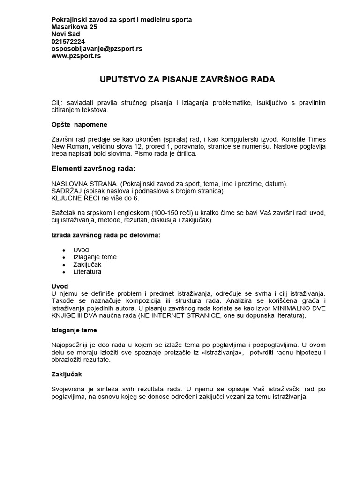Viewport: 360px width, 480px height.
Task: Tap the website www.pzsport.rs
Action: click(76, 56)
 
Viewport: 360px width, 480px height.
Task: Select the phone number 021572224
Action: click(68, 41)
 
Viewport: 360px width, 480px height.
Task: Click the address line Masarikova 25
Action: click(74, 27)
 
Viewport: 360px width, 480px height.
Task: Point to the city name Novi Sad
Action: click(66, 34)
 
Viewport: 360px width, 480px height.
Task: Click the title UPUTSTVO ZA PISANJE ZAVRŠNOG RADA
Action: click(187, 80)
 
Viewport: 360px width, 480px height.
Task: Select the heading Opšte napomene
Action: click(79, 125)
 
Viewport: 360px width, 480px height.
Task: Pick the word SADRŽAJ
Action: click(66, 191)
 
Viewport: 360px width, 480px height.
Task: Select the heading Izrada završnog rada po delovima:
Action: click(105, 235)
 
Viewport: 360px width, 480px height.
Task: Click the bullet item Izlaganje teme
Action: click(95, 257)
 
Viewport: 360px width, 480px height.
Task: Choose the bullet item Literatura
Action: click(87, 271)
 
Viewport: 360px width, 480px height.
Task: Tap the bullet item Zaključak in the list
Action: click(87, 264)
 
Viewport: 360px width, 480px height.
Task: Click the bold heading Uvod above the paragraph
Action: click(60, 286)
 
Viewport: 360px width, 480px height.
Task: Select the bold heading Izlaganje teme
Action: click(74, 330)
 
